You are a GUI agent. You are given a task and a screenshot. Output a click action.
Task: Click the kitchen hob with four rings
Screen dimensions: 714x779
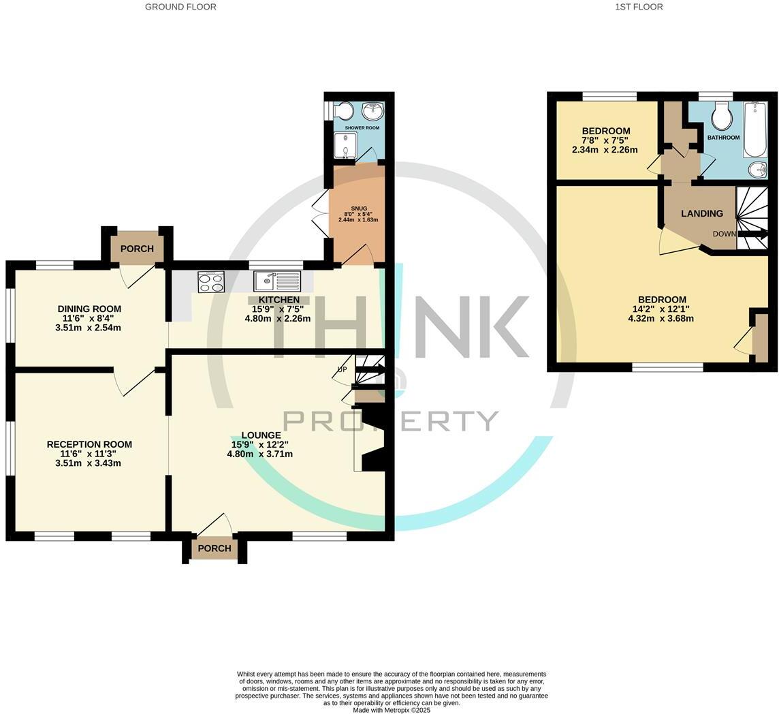coord(211,282)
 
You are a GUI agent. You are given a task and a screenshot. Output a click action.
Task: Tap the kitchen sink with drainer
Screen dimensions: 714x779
coord(277,281)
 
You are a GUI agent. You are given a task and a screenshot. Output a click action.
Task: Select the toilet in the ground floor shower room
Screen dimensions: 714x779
coord(343,110)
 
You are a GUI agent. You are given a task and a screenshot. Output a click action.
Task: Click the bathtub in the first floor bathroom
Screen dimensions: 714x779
coord(754,129)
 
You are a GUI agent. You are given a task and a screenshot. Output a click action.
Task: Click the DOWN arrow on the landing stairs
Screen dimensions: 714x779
coord(752,234)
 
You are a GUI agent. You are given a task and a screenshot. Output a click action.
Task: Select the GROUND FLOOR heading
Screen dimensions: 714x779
coord(180,7)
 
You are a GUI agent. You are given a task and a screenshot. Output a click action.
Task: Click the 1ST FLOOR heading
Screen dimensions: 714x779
coord(639,7)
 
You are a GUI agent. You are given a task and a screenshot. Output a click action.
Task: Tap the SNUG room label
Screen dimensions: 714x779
coord(359,208)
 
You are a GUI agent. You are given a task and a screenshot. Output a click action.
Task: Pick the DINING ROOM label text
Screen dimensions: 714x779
coord(89,309)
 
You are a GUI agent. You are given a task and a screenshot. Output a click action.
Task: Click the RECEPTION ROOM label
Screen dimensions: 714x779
coord(89,444)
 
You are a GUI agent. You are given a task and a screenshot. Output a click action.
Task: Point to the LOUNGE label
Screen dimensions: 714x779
coord(261,435)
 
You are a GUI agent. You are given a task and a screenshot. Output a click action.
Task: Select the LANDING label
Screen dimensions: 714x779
coord(702,213)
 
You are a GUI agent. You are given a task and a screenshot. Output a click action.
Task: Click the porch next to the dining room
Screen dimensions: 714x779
coord(137,249)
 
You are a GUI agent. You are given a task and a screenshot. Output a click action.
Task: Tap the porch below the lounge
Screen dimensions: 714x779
coord(214,548)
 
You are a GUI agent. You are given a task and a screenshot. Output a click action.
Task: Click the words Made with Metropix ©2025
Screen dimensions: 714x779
coord(392,710)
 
